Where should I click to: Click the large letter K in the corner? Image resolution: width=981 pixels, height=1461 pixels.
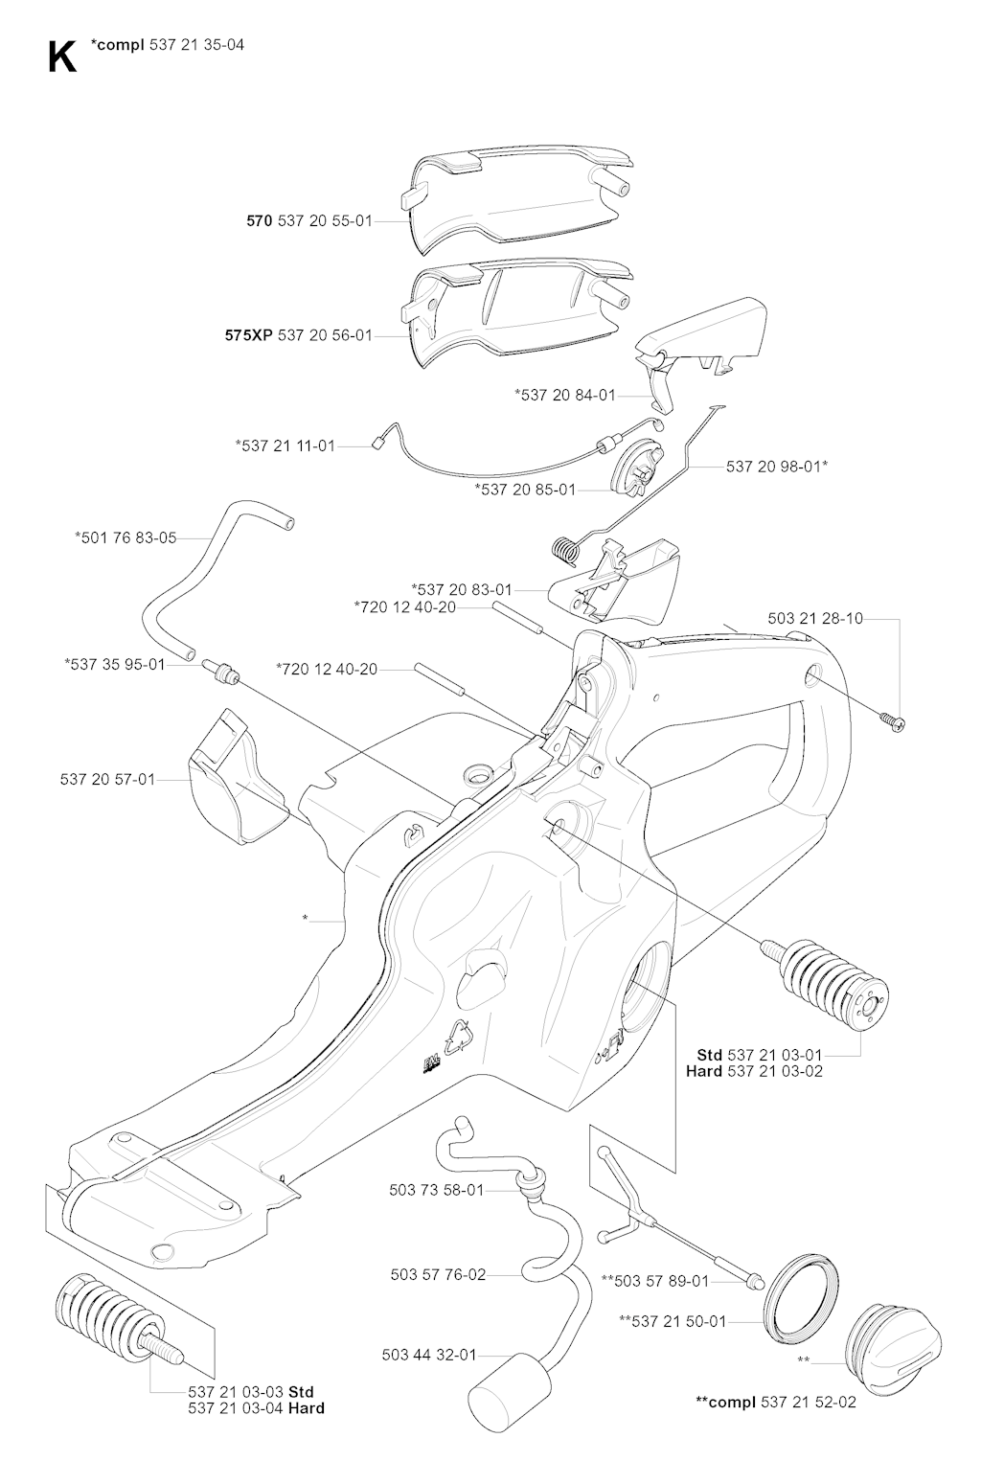tap(62, 57)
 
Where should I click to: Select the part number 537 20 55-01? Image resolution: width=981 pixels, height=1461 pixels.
tap(325, 220)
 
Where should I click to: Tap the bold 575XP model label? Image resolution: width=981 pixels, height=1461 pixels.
tap(248, 335)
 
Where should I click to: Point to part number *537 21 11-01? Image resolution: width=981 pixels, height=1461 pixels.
tap(285, 445)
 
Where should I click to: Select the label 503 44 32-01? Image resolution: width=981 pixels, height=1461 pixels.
tap(429, 1355)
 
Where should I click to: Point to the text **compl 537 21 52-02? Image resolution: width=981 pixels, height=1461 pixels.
tap(776, 1402)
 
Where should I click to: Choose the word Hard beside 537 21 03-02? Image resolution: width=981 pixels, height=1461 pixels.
tap(704, 1071)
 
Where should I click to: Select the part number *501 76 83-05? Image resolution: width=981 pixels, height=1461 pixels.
tap(125, 537)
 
